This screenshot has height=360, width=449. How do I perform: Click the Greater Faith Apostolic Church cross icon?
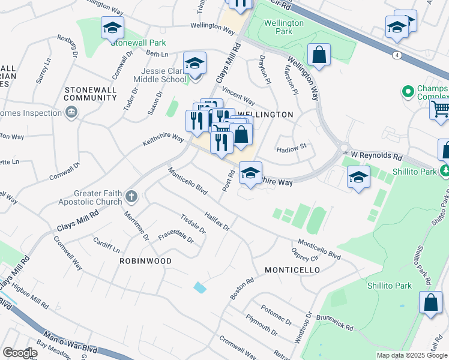[131, 196]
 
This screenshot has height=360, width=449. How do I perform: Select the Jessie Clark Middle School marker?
[194, 64]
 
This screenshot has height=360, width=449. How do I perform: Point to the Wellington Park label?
[284, 27]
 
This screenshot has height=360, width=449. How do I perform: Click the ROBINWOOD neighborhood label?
[145, 261]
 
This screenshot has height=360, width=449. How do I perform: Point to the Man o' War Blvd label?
[71, 342]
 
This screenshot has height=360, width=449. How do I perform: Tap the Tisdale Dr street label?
[193, 223]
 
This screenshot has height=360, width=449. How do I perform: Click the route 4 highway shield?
[398, 55]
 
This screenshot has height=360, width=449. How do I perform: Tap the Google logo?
[19, 352]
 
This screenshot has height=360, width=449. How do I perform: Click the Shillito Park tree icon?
[445, 171]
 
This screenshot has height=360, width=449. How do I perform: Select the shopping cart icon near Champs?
[440, 110]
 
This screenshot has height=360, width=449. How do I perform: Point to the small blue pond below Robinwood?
[200, 287]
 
